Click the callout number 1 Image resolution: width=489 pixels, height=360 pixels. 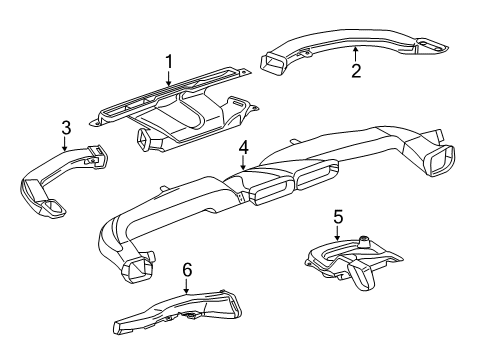tap(169, 62)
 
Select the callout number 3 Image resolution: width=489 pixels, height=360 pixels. tap(65, 128)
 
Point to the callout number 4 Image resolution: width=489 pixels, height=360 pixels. tap(243, 148)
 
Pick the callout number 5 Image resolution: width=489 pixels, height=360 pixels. tap(337, 216)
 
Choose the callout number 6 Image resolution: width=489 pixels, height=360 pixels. tap(186, 269)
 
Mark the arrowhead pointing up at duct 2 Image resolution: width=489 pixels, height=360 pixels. tap(354, 48)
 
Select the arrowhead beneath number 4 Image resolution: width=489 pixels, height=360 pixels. tap(243, 170)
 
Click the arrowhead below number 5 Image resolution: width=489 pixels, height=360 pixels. tap(337, 240)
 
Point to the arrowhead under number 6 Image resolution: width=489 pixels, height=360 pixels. tap(186, 292)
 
